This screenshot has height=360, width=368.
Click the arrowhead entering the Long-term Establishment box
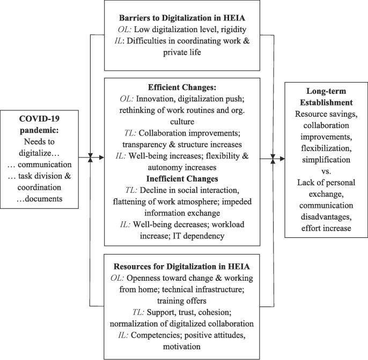click(281, 158)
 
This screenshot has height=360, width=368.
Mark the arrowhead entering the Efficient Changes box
click(100, 158)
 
